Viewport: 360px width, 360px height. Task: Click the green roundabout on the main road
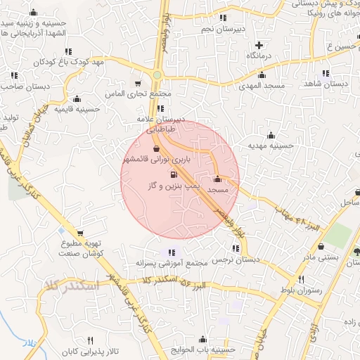pos(157,75)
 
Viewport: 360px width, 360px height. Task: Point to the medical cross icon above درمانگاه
pos(259,44)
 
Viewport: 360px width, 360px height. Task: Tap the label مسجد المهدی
pos(262,84)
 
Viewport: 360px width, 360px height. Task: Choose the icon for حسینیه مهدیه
pos(271,135)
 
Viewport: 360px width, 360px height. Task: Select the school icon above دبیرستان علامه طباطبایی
pos(162,108)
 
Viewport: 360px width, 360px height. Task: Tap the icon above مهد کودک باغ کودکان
pos(69,51)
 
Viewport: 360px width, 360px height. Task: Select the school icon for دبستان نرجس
pos(235,247)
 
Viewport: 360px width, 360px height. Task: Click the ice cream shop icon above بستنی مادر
pos(322,247)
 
